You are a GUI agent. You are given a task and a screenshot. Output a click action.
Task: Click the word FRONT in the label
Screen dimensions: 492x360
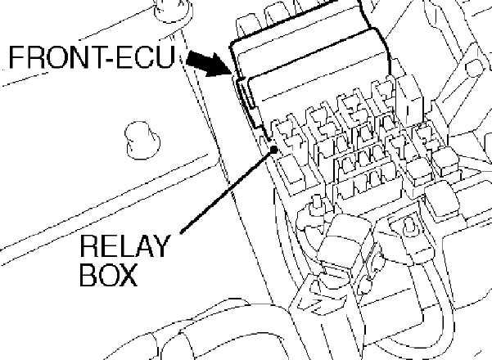pyautogui.click(x=52, y=57)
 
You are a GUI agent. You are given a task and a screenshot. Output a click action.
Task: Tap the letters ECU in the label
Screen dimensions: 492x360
pyautogui.click(x=146, y=57)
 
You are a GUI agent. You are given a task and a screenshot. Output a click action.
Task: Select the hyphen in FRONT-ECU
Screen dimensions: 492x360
pyautogui.click(x=106, y=60)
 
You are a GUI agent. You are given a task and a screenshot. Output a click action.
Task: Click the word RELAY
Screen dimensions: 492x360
pyautogui.click(x=125, y=246)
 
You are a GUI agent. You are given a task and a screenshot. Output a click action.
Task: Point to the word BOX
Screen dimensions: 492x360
pyautogui.click(x=109, y=274)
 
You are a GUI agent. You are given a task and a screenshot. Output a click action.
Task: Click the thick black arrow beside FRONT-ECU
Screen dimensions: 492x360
pyautogui.click(x=208, y=64)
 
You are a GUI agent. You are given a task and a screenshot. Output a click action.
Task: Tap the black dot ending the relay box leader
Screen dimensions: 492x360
pyautogui.click(x=273, y=150)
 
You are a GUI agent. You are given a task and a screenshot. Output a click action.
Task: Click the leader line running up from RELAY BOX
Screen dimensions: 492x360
pyautogui.click(x=227, y=191)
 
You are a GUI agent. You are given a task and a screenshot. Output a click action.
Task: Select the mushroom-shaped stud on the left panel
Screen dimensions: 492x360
pyautogui.click(x=142, y=140)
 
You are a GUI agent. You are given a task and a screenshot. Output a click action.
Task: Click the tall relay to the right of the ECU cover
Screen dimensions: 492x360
pyautogui.click(x=409, y=99)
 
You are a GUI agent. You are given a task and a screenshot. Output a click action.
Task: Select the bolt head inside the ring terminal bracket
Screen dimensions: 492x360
pyautogui.click(x=408, y=225)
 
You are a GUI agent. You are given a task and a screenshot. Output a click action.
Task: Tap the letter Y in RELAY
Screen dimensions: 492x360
pyautogui.click(x=160, y=246)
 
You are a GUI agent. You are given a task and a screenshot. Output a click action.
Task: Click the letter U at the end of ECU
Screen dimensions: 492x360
pyautogui.click(x=165, y=57)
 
